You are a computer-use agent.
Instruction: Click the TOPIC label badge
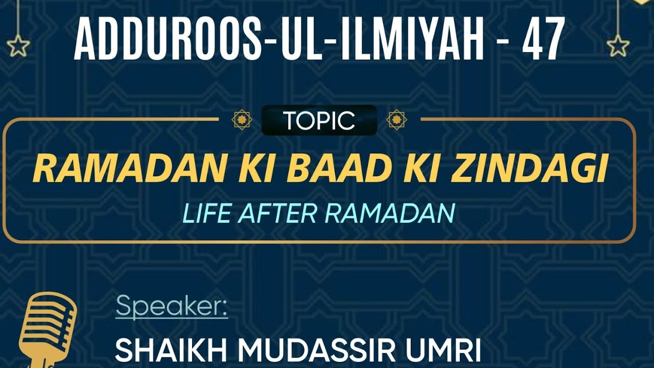tap(319, 121)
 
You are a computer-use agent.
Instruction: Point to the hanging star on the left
tap(19, 46)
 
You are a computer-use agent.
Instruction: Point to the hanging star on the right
tap(618, 45)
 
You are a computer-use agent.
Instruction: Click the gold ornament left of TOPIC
tap(242, 120)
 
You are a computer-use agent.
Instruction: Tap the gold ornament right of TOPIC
tap(396, 120)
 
